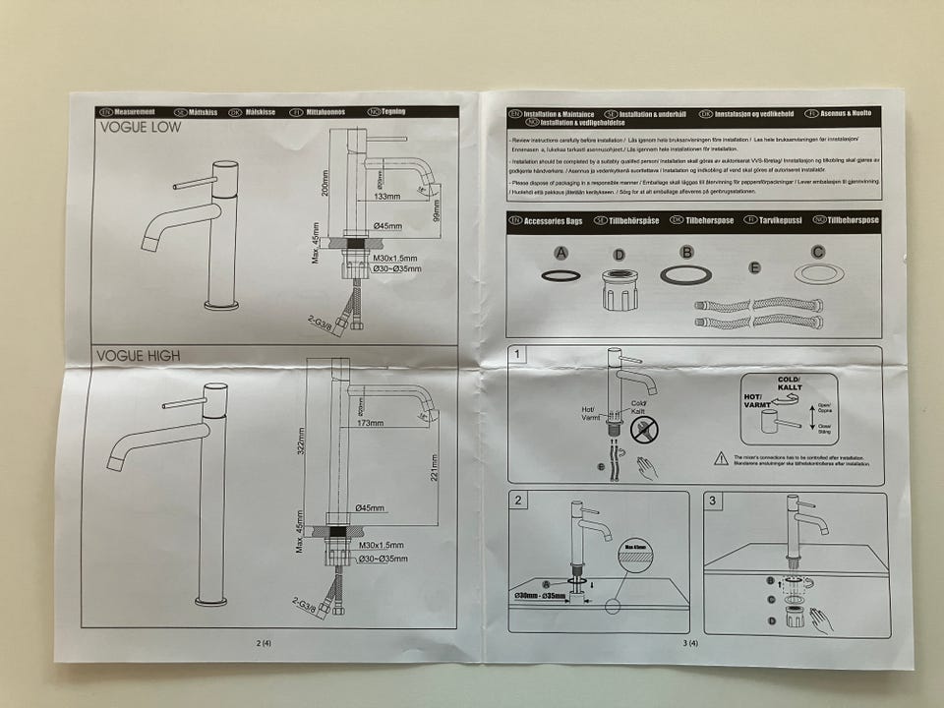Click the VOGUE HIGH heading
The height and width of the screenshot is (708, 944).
click(138, 354)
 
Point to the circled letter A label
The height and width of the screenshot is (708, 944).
click(561, 253)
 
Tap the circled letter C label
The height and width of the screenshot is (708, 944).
click(817, 252)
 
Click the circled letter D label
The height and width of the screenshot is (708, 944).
click(619, 255)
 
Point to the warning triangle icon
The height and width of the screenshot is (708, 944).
click(722, 457)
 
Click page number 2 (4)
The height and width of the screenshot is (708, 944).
click(263, 643)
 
